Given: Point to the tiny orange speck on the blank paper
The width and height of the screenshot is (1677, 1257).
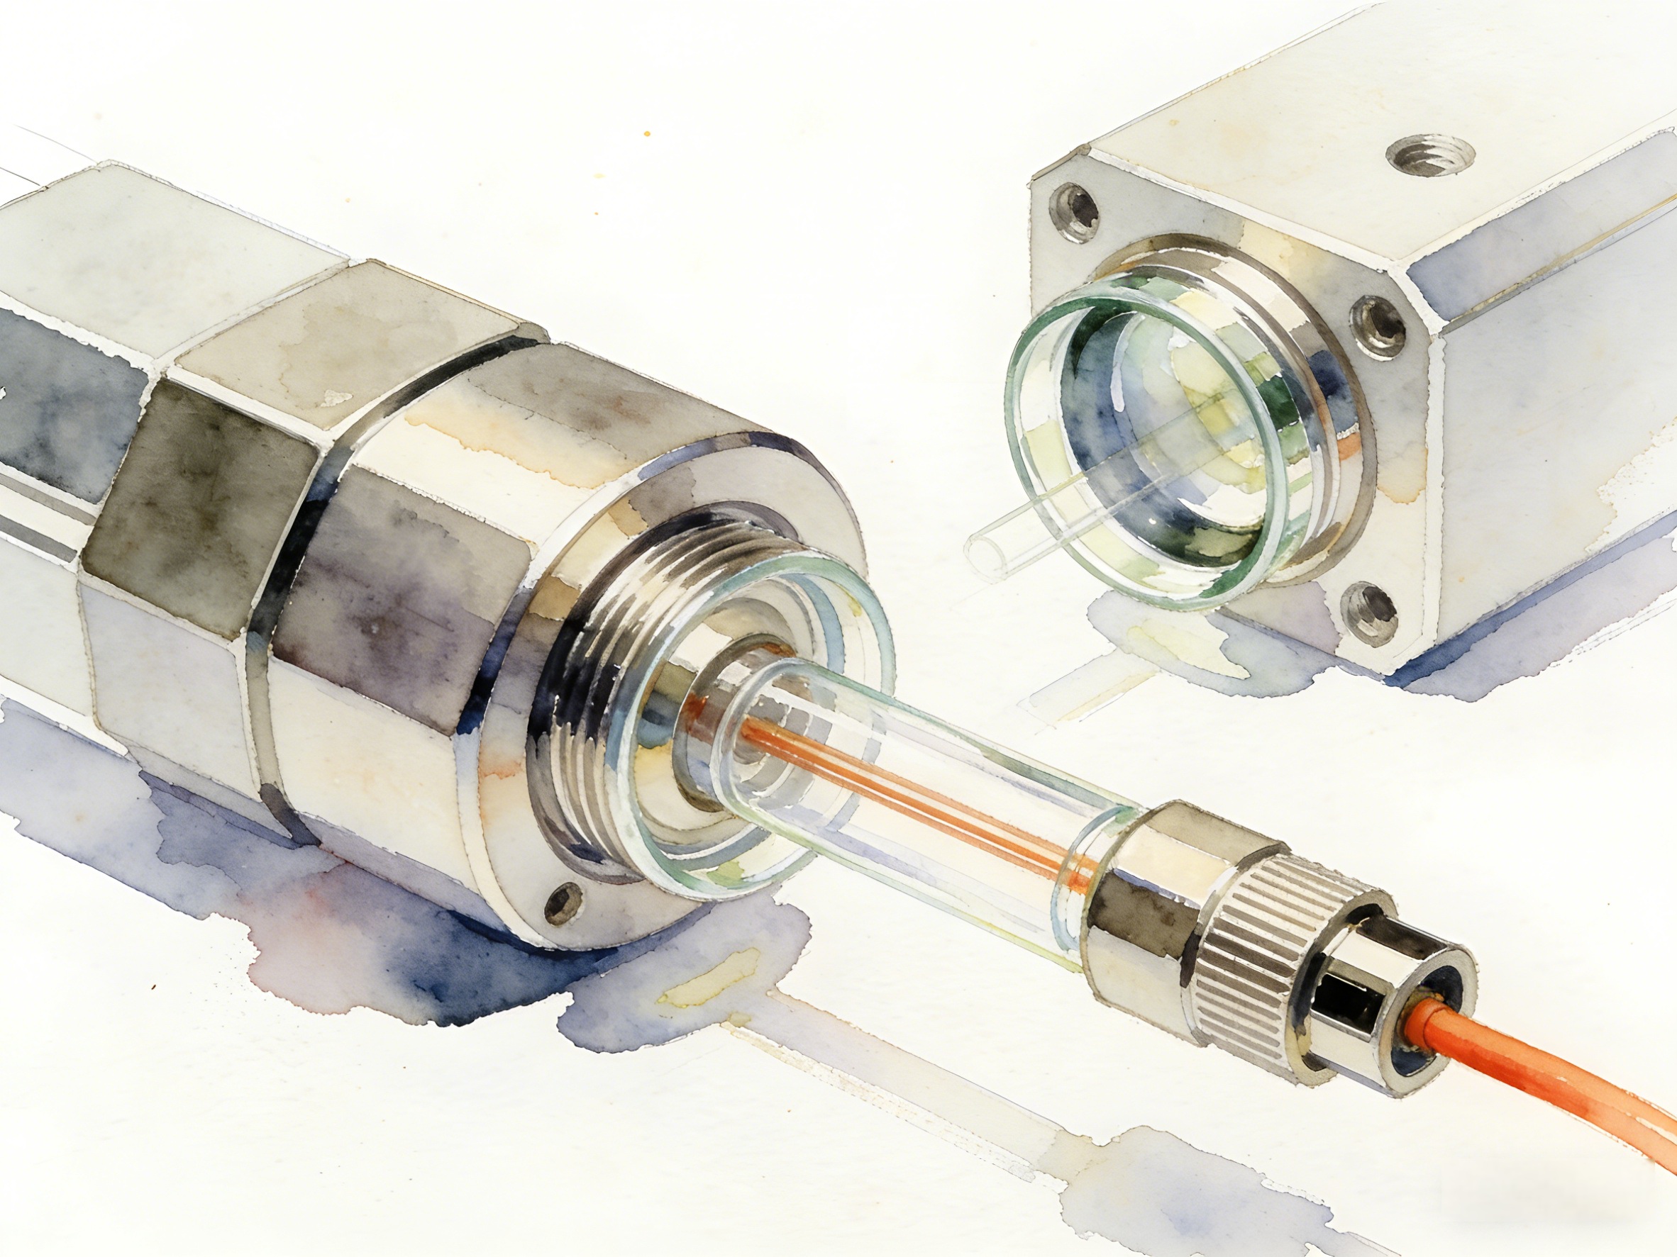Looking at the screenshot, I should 647,133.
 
